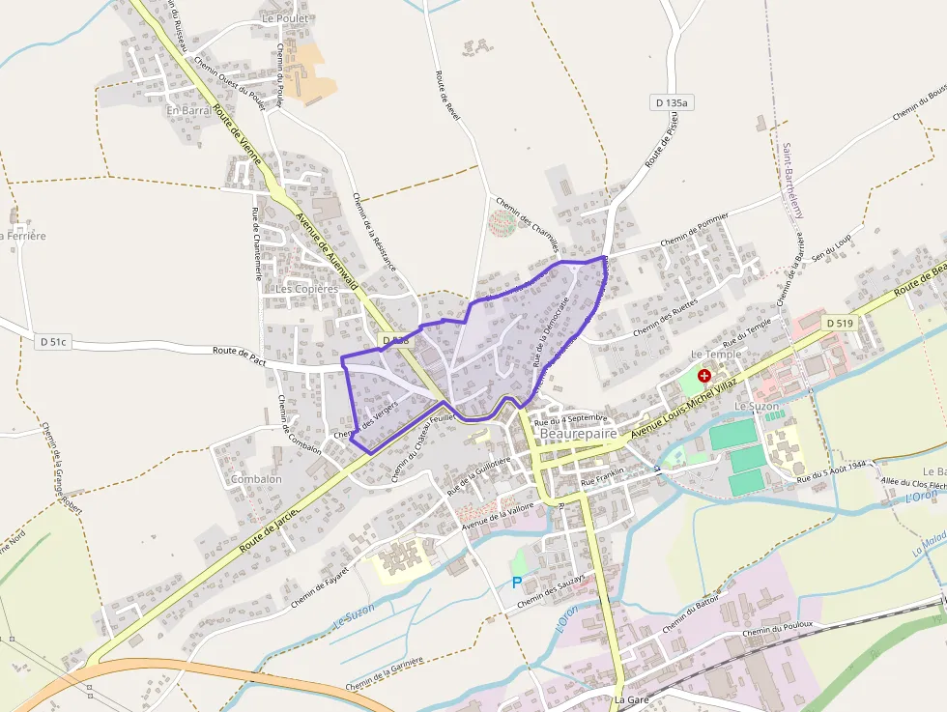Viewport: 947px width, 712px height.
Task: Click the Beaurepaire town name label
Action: [x=579, y=434]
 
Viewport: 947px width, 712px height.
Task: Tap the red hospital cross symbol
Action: [x=704, y=375]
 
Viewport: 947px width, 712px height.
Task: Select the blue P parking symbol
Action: [x=517, y=583]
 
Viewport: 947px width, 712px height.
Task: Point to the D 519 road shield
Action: [x=840, y=323]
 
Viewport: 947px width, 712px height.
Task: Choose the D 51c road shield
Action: [x=54, y=342]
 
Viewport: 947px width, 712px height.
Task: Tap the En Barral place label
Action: [x=187, y=110]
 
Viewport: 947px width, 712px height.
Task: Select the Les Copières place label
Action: [x=307, y=289]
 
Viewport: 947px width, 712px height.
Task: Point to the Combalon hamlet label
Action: [x=256, y=479]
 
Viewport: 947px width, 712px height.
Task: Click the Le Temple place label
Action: [x=716, y=355]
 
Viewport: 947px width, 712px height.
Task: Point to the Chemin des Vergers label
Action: [x=367, y=419]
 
